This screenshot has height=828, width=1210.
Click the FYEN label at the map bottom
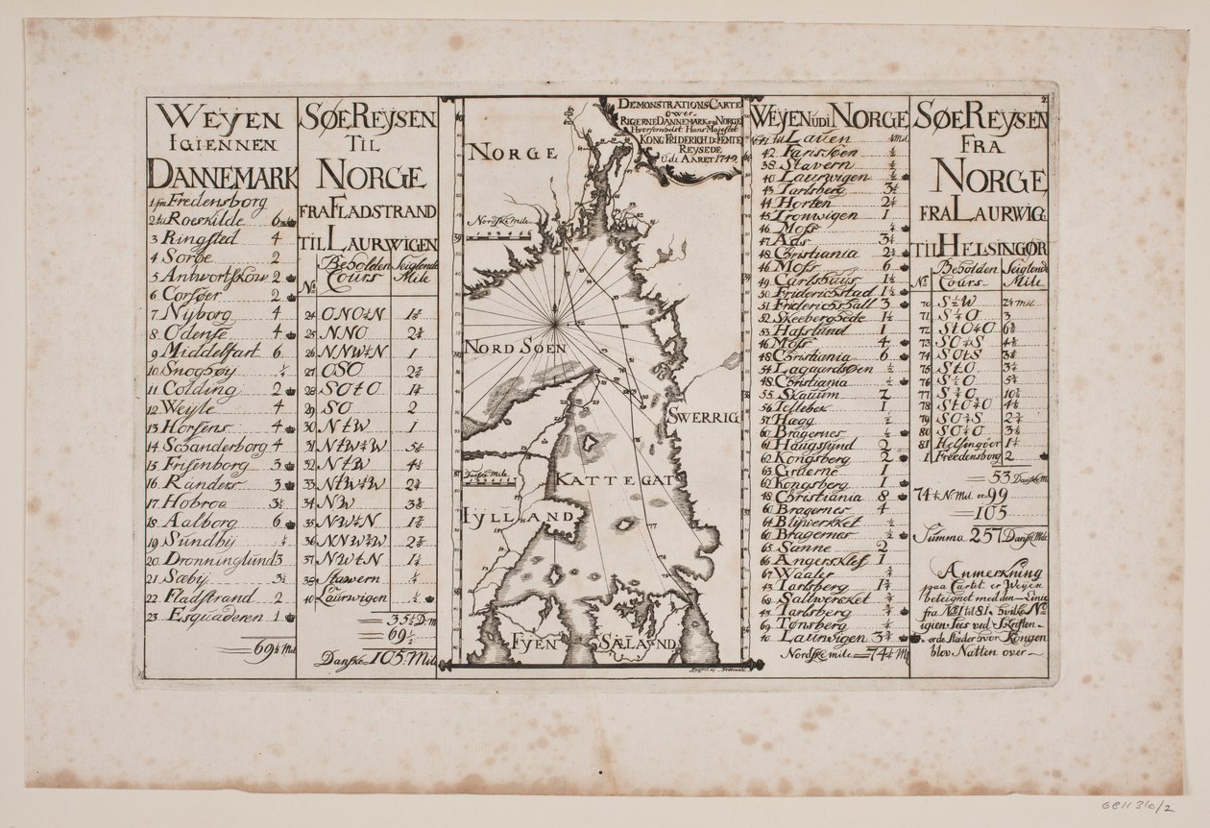pyautogui.click(x=534, y=643)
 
